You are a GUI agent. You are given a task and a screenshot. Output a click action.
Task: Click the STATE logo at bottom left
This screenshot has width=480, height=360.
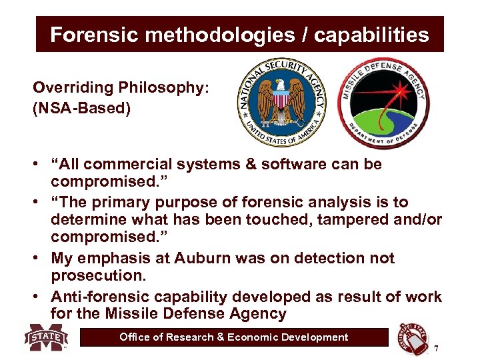tap(47, 338)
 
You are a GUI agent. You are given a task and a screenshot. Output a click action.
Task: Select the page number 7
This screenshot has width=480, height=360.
tap(436, 349)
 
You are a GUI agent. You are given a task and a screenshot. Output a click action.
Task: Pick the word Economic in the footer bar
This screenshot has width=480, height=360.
tap(255, 337)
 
